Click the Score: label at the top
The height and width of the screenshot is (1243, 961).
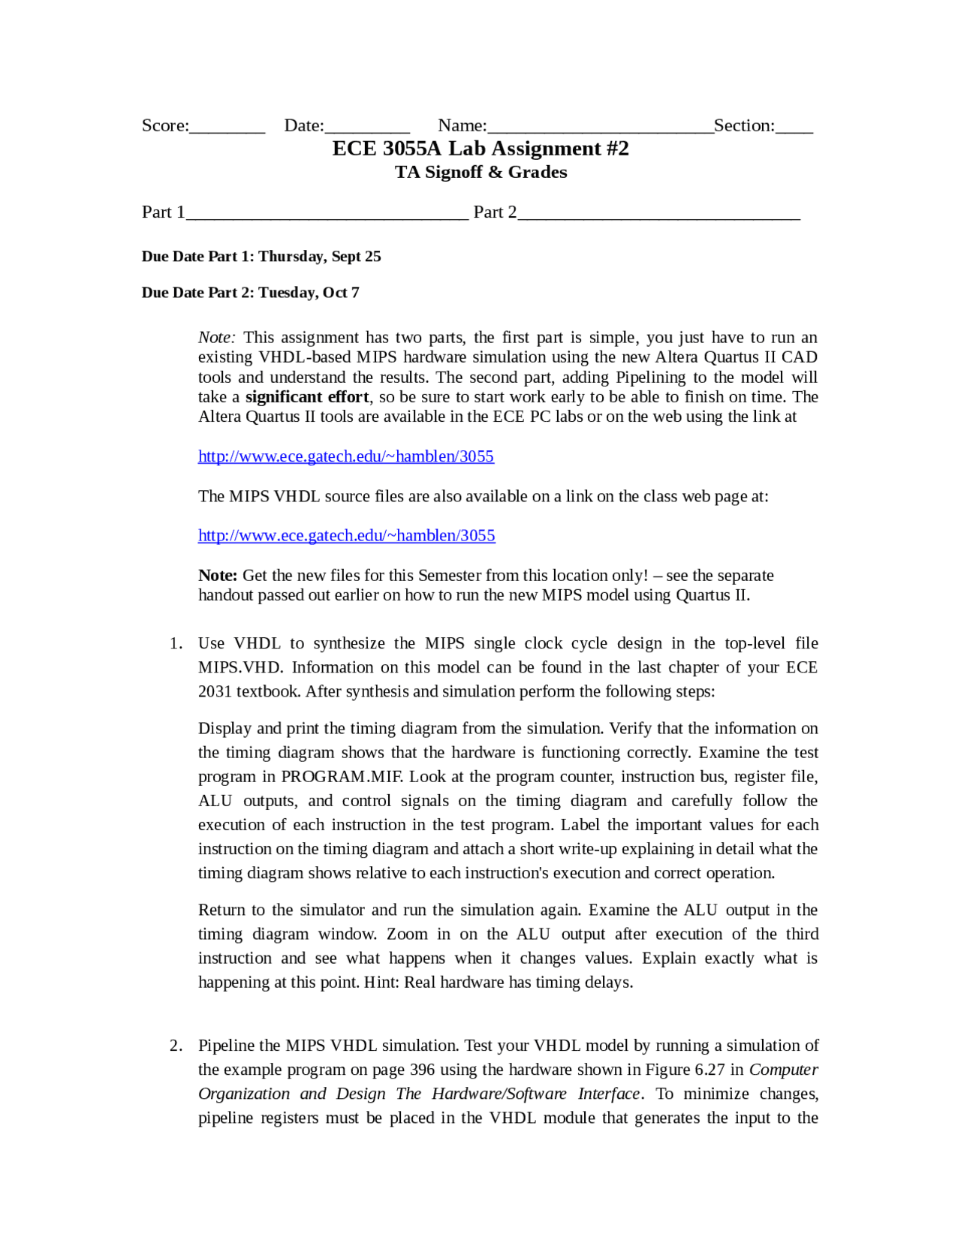click(165, 125)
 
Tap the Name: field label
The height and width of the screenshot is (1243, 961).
click(462, 125)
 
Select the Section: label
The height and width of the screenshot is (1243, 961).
click(744, 125)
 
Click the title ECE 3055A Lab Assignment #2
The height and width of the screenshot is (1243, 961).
click(480, 149)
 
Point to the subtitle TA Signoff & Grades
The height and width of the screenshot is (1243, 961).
click(480, 173)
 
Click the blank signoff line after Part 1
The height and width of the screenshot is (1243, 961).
click(327, 214)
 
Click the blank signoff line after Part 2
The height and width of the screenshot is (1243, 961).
click(659, 214)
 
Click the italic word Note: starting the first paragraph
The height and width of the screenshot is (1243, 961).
click(217, 338)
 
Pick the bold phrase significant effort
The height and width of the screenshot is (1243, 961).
click(307, 397)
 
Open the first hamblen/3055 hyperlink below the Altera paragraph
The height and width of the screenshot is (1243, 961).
click(346, 456)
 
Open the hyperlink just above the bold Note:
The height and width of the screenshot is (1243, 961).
click(347, 536)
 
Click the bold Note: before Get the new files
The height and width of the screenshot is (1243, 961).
click(218, 576)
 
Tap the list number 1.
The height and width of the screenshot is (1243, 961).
click(176, 643)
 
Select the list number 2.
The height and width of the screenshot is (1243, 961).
click(176, 1046)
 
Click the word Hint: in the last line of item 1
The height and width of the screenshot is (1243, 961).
click(382, 983)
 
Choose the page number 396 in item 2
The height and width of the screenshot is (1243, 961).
click(423, 1070)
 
